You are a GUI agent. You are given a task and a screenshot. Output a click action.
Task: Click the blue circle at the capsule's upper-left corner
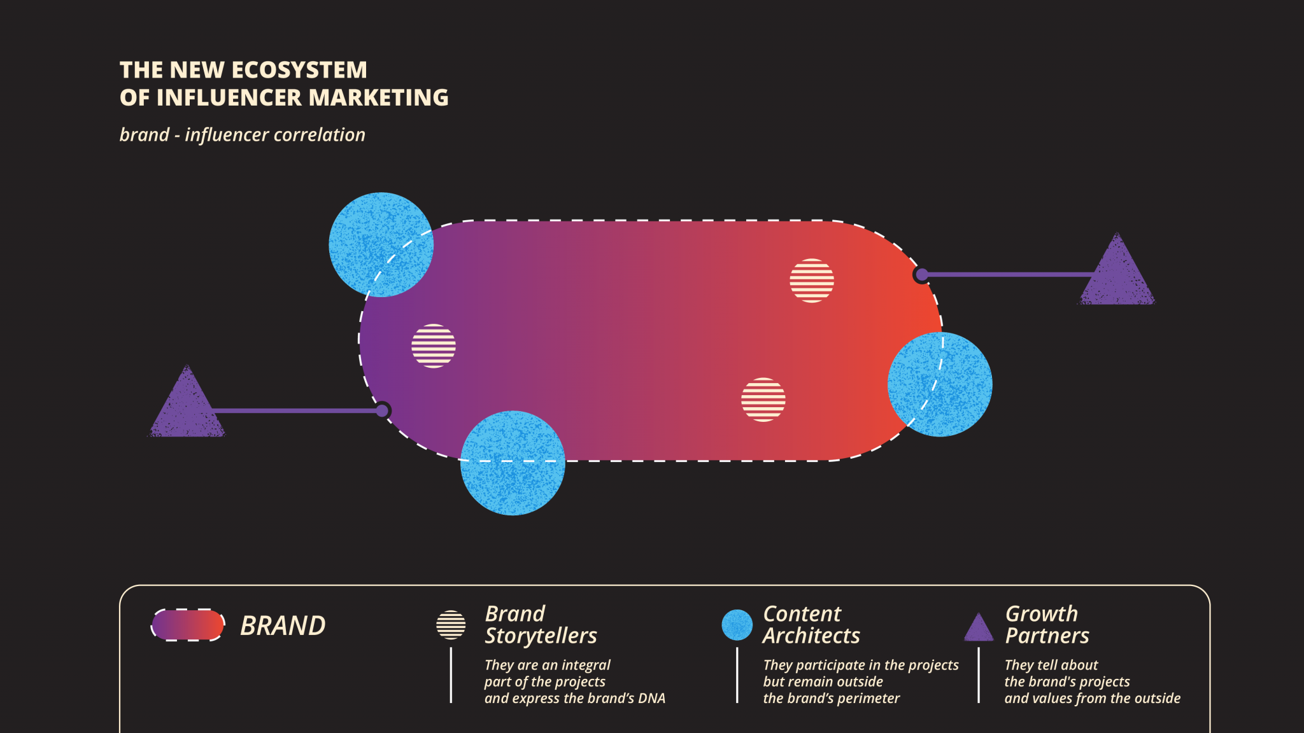coord(381,244)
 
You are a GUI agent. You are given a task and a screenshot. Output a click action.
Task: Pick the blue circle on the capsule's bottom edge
coord(513,463)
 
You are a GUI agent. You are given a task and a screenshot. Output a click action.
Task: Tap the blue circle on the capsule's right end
coord(940,384)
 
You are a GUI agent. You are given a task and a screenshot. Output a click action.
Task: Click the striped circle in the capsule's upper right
coord(812,281)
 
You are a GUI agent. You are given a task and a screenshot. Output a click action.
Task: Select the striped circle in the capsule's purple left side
coord(434,346)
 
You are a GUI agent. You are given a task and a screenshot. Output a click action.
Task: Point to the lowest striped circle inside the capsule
coord(763,400)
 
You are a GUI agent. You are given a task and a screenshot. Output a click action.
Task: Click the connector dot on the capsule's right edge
coord(921,275)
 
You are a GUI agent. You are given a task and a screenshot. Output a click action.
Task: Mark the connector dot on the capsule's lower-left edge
coord(382,410)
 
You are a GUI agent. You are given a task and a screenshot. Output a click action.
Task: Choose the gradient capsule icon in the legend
coord(188,625)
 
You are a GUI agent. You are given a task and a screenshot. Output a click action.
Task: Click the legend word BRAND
coord(283,626)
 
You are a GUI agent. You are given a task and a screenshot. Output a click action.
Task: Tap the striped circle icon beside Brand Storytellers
coord(451,625)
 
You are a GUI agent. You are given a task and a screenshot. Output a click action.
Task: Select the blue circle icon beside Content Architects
coord(737,625)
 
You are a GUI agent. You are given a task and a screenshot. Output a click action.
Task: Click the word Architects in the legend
coord(811,636)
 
